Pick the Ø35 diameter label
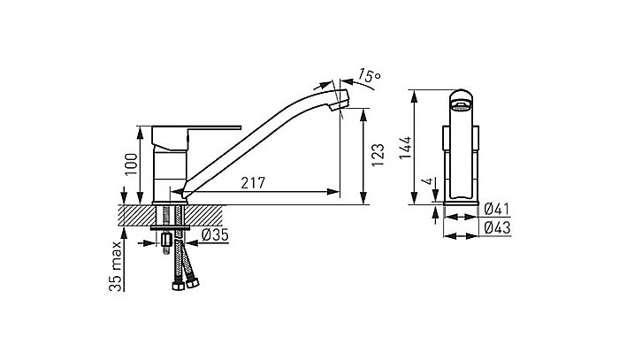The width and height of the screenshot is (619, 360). pyautogui.click(x=216, y=234)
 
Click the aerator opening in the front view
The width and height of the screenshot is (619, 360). pyautogui.click(x=461, y=104)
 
